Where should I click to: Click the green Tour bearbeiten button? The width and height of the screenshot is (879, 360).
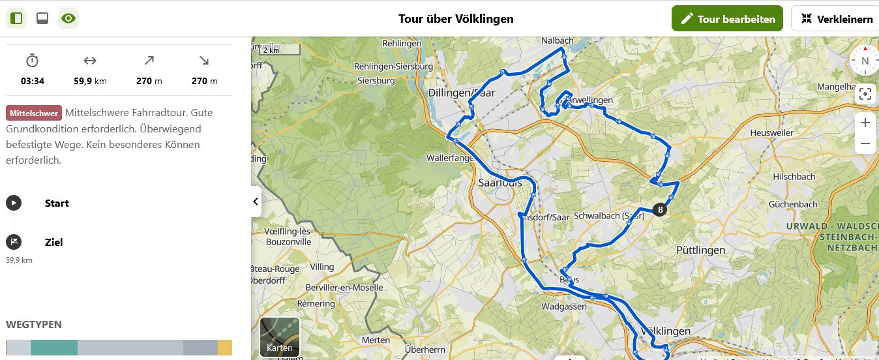[727, 19]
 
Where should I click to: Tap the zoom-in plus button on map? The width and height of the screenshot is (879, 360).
[865, 123]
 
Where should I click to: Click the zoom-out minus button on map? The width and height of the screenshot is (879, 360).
[865, 143]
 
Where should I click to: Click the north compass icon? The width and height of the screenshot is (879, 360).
[865, 61]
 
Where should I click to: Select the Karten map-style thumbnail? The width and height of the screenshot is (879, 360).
[280, 337]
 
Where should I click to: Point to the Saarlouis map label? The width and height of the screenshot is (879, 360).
[500, 183]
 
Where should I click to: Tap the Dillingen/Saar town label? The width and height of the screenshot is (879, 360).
[462, 93]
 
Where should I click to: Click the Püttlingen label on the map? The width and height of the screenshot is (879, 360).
[700, 250]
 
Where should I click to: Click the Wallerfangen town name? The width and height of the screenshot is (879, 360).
[449, 158]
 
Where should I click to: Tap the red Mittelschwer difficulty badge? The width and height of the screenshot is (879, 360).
[33, 113]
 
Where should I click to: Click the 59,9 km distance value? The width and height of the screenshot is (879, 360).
[90, 82]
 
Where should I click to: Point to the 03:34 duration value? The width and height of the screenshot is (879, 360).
[33, 82]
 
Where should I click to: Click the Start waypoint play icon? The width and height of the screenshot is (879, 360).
[14, 203]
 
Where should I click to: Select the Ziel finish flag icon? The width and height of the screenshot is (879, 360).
[14, 242]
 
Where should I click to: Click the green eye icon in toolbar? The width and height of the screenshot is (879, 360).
[68, 18]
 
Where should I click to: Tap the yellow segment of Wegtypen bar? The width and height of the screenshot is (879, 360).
[225, 348]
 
